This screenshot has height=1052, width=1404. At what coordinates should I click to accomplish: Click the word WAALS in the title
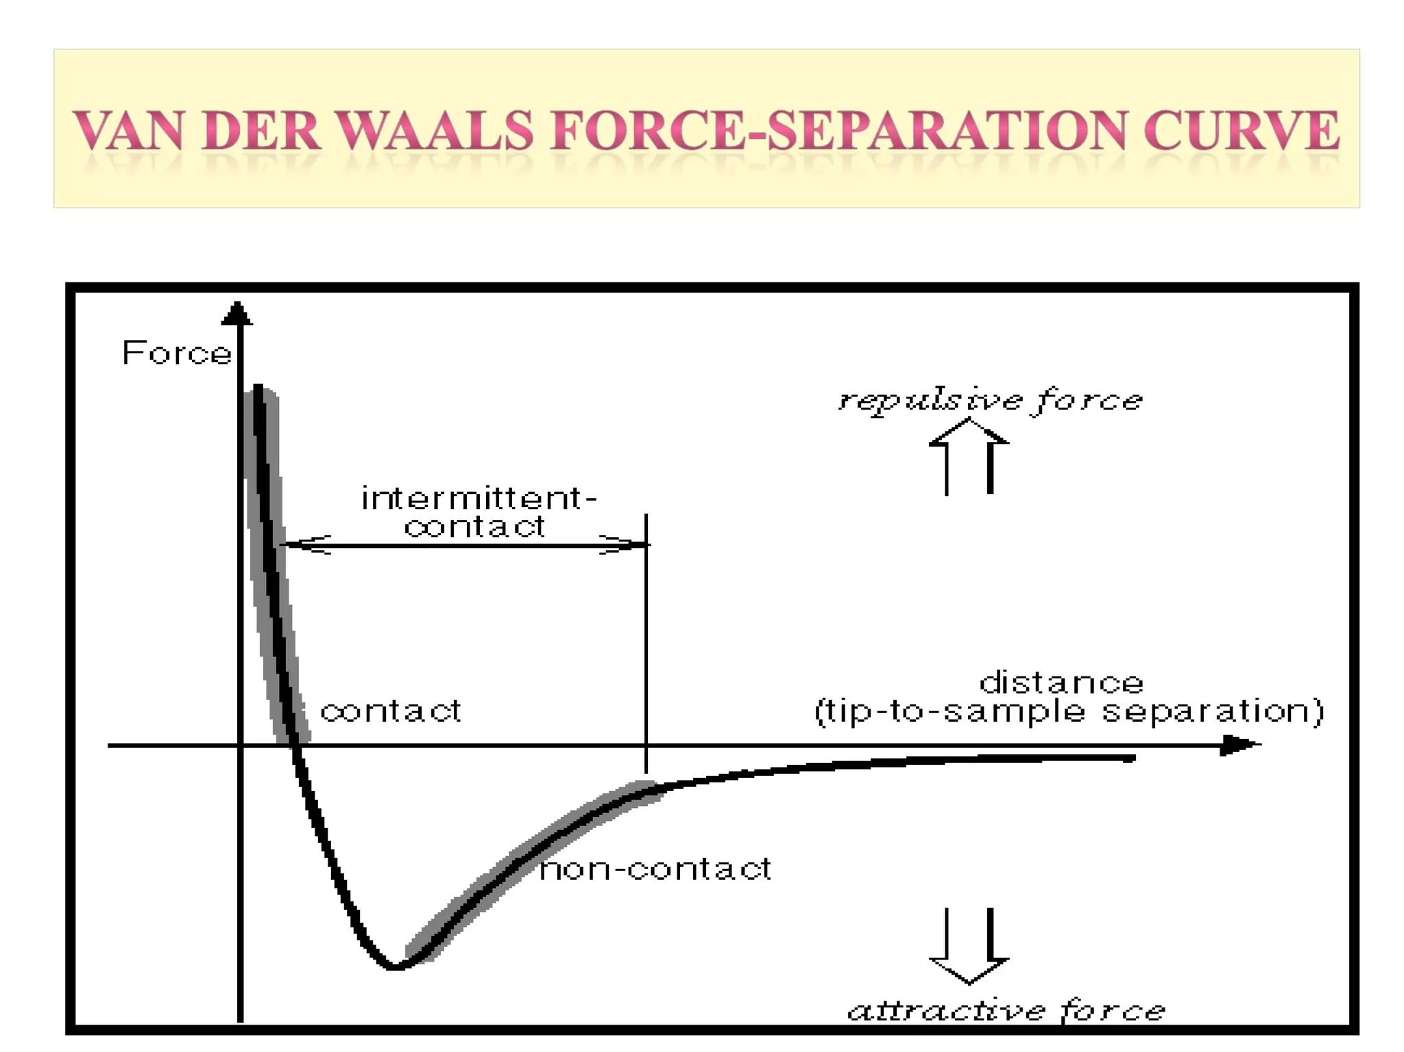(x=435, y=130)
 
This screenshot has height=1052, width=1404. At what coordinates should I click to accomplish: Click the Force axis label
(x=177, y=354)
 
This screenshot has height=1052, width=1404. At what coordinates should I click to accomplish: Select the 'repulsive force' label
(x=991, y=400)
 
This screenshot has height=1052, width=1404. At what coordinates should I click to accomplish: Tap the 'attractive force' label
(x=1006, y=1010)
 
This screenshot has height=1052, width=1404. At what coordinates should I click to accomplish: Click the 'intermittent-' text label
(x=479, y=498)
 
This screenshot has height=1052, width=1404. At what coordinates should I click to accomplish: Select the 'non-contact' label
(x=655, y=869)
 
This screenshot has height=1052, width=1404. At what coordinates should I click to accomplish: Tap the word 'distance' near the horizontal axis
(x=1061, y=683)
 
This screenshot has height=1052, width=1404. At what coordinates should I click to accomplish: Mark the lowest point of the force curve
(x=394, y=966)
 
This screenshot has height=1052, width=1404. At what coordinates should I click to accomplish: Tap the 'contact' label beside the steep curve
(x=391, y=711)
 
